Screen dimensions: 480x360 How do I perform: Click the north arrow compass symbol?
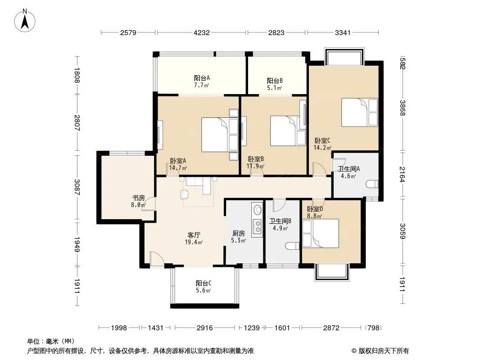pyautogui.click(x=25, y=21)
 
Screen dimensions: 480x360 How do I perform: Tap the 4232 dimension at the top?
pyautogui.click(x=201, y=33)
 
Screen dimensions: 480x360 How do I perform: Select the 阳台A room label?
pyautogui.click(x=202, y=78)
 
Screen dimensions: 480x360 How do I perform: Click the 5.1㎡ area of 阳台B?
pyautogui.click(x=274, y=88)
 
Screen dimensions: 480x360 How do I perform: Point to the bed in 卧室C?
pyautogui.click(x=360, y=112)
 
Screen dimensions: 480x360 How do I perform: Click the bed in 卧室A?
pyautogui.click(x=220, y=135)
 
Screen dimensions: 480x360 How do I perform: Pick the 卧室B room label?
pyautogui.click(x=256, y=159)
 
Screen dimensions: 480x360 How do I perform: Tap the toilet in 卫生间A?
pyautogui.click(x=372, y=184)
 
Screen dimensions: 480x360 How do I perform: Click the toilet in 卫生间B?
pyautogui.click(x=292, y=246)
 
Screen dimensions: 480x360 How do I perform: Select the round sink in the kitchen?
pyautogui.click(x=258, y=210)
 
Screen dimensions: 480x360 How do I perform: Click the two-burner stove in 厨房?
pyautogui.click(x=258, y=227)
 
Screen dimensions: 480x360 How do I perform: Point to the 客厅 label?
pyautogui.click(x=194, y=235)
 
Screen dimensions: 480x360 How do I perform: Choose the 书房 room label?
pyautogui.click(x=138, y=198)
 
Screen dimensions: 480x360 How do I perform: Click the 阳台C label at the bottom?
pyautogui.click(x=204, y=283)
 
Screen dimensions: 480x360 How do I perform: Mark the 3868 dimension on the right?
pyautogui.click(x=403, y=108)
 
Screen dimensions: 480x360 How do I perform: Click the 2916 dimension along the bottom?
pyautogui.click(x=205, y=328)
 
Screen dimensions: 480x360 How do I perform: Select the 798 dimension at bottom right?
pyautogui.click(x=373, y=328)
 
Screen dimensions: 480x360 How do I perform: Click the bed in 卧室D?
pyautogui.click(x=321, y=234)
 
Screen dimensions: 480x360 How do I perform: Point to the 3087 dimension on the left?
pyautogui.click(x=77, y=187)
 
